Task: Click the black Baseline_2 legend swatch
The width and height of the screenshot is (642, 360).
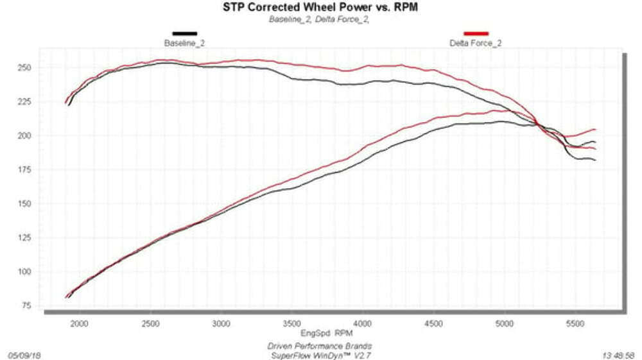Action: point(184,33)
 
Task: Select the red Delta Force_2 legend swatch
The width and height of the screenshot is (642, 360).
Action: point(476,33)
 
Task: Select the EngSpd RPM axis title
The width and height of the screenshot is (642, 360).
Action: point(326,334)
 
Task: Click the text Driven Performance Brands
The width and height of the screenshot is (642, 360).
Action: point(319,346)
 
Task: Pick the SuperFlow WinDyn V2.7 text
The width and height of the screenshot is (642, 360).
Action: point(319,354)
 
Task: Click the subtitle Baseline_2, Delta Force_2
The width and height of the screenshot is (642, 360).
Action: point(318,19)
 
